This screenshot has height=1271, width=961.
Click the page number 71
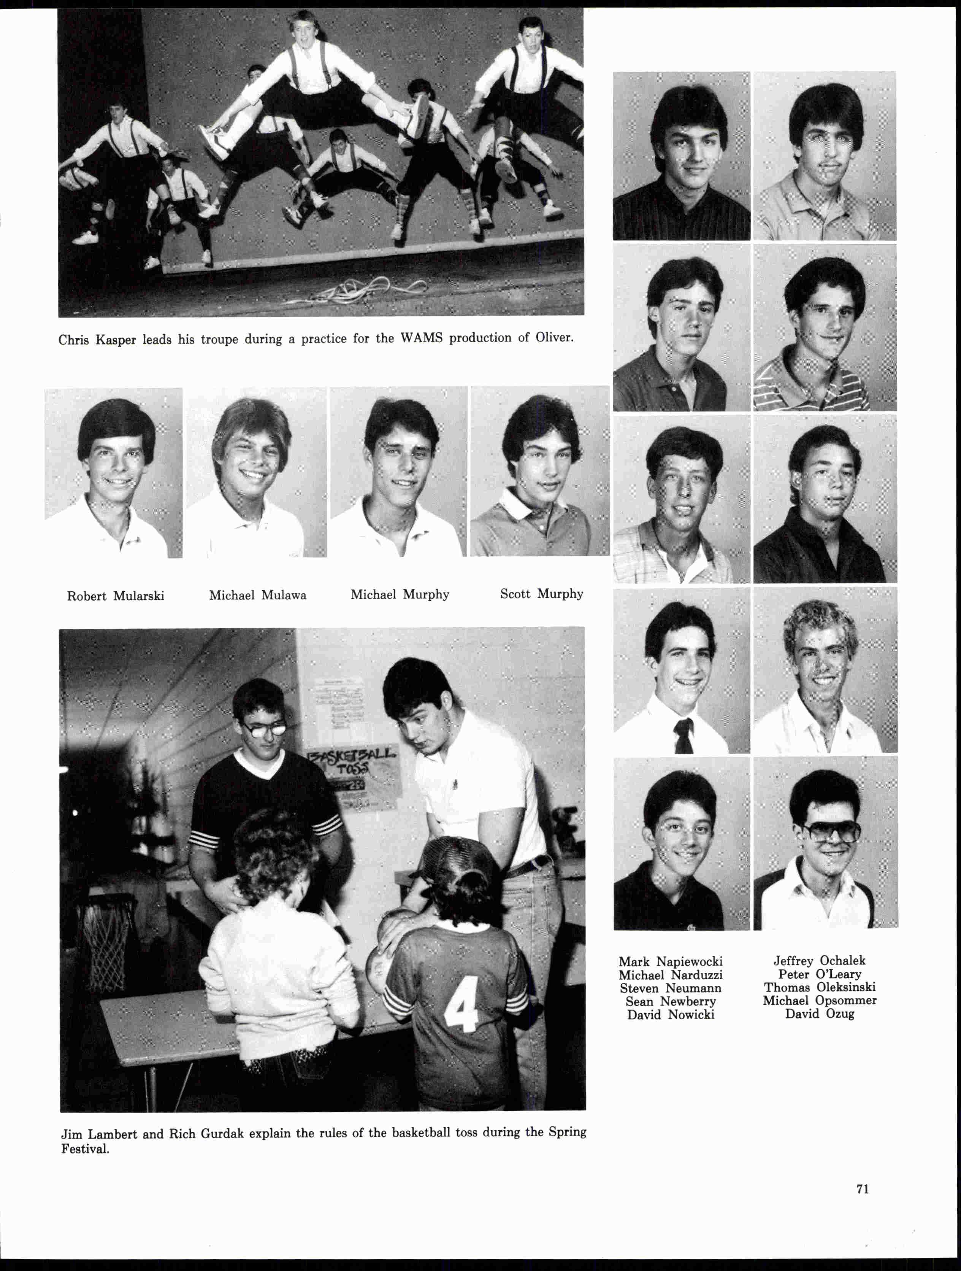pyautogui.click(x=862, y=1189)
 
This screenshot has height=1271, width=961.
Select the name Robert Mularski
pyautogui.click(x=116, y=596)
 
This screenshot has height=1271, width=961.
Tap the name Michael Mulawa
pyautogui.click(x=257, y=595)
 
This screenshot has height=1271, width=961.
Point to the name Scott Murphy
pyautogui.click(x=541, y=594)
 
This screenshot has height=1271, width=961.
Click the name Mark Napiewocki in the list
pyautogui.click(x=670, y=961)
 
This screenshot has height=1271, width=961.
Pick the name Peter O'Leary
pyautogui.click(x=820, y=974)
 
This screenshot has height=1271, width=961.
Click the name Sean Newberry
pyautogui.click(x=670, y=1001)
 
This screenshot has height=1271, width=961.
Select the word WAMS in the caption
pyautogui.click(x=421, y=338)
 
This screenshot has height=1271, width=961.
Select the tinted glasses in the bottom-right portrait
pyautogui.click(x=831, y=831)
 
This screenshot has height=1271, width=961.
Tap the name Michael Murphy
pyautogui.click(x=400, y=595)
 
